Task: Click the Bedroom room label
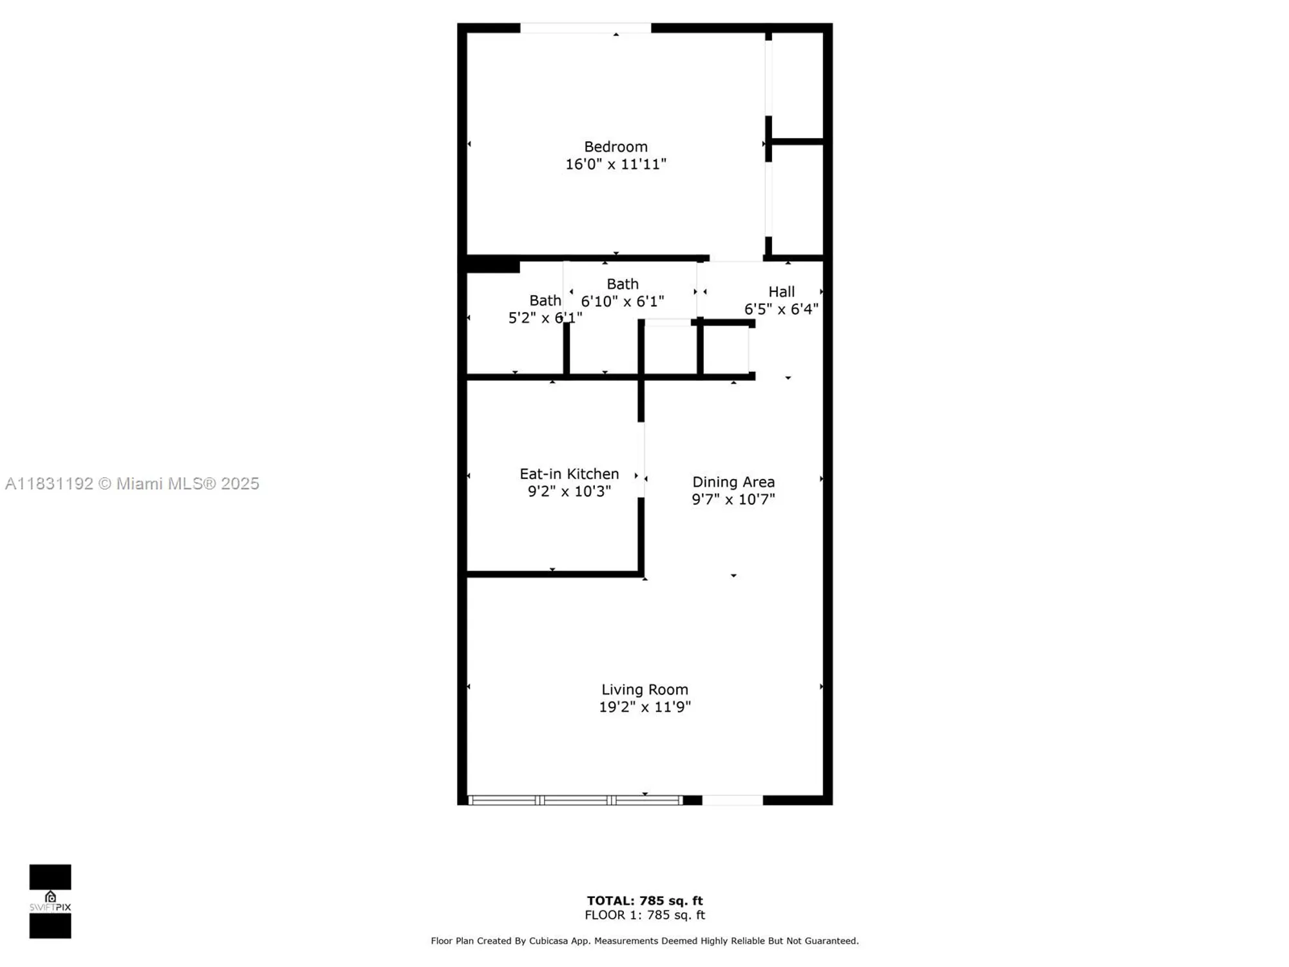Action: tap(615, 147)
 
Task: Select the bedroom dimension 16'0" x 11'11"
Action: tap(615, 164)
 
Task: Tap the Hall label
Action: tap(781, 292)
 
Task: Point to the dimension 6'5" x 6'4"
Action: tap(781, 309)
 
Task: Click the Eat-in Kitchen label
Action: tap(569, 474)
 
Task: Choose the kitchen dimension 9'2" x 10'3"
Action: tap(569, 491)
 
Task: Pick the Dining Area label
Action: tap(733, 482)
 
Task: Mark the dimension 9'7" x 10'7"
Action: tap(733, 499)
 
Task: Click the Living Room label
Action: tap(644, 690)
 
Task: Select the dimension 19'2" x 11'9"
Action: tap(644, 707)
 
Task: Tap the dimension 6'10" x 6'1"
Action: tap(622, 302)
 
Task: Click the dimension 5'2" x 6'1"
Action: tap(545, 318)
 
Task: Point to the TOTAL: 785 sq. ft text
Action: tap(644, 901)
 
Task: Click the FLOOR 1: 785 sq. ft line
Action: tap(644, 915)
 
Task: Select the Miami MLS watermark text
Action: tap(132, 484)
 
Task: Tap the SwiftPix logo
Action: tap(50, 901)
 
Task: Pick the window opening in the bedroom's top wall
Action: tap(585, 28)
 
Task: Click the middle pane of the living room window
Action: tap(576, 800)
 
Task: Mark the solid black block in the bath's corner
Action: tap(493, 264)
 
